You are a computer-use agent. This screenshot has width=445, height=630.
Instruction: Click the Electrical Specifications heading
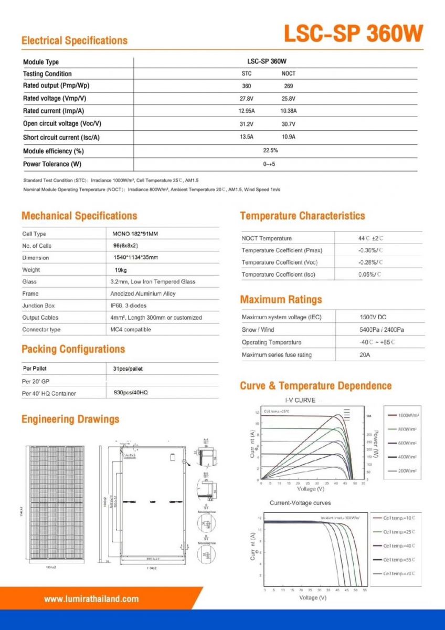pyautogui.click(x=75, y=40)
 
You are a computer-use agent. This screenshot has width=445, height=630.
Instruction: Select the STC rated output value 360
pyautogui.click(x=247, y=86)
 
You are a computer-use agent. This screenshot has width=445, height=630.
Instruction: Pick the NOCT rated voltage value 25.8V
pyautogui.click(x=288, y=99)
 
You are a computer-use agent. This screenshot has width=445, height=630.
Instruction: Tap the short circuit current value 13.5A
pyautogui.click(x=247, y=137)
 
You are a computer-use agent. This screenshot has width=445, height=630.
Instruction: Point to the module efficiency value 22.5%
pyautogui.click(x=270, y=151)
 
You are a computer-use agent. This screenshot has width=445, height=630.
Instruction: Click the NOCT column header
pyautogui.click(x=288, y=73)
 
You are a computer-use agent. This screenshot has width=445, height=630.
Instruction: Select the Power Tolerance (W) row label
pyautogui.click(x=52, y=164)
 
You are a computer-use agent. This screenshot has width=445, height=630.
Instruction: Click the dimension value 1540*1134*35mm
pyautogui.click(x=135, y=258)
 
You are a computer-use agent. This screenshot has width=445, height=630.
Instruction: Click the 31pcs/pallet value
pyautogui.click(x=128, y=369)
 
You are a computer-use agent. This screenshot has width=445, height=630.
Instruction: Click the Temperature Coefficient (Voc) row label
pyautogui.click(x=280, y=262)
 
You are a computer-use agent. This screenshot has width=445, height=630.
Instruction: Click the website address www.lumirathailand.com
pyautogui.click(x=91, y=599)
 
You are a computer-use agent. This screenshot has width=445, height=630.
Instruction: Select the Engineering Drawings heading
pyautogui.click(x=70, y=419)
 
